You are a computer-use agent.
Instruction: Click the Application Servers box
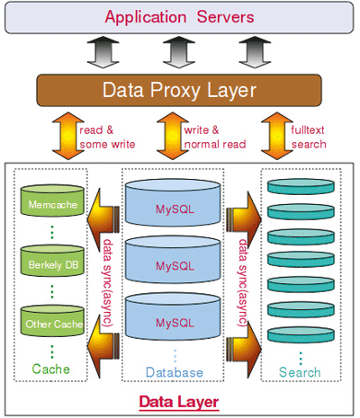(179, 17)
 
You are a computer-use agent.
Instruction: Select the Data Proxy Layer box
(179, 90)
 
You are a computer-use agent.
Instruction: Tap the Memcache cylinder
(52, 200)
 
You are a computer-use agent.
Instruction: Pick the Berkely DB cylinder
(52, 261)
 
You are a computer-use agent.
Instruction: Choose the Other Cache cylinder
(52, 321)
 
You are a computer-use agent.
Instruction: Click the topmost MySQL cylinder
(173, 203)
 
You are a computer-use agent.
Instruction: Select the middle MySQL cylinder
(173, 260)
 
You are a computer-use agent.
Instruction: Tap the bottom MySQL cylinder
(173, 316)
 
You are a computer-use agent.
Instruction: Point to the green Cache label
(50, 369)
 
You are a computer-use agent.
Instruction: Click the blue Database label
(175, 372)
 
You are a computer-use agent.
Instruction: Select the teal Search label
(300, 372)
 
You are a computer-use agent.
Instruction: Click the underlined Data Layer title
(179, 402)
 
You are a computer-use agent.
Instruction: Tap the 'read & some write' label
(107, 137)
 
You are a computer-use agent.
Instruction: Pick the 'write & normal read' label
(215, 137)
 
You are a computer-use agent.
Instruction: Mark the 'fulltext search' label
(309, 137)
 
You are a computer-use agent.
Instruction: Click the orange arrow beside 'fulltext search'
(277, 136)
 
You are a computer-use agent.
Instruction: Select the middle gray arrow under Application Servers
(179, 52)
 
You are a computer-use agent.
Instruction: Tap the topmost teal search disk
(301, 186)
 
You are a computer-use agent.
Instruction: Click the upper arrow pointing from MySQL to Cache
(103, 219)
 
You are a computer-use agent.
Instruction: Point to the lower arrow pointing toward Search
(244, 349)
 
